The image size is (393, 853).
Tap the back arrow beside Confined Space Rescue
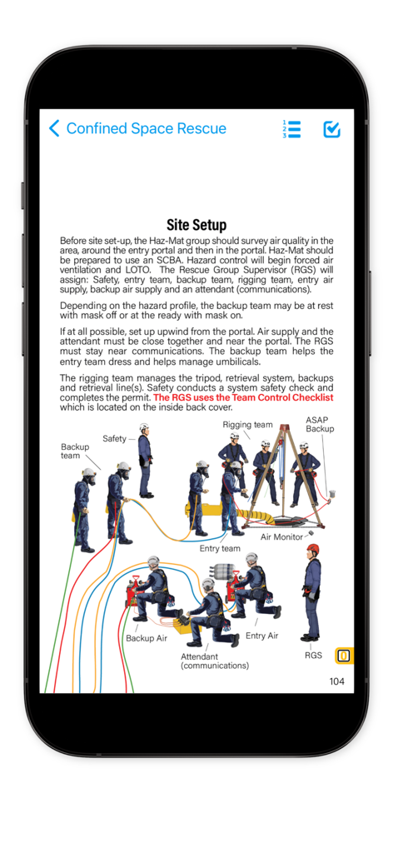click(x=55, y=128)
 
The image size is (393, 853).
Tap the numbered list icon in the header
click(x=291, y=129)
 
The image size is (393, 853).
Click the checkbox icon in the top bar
click(x=331, y=129)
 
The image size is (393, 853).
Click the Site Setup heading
click(x=196, y=225)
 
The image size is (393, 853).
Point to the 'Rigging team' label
click(x=247, y=425)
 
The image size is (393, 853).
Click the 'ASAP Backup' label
click(x=319, y=424)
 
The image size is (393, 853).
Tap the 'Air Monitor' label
click(x=281, y=537)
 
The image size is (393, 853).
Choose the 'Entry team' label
click(x=220, y=548)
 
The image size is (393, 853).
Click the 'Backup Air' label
click(x=146, y=638)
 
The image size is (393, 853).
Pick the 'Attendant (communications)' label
click(x=215, y=661)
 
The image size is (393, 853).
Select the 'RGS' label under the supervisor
click(x=313, y=655)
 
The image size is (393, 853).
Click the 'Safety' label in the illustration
click(x=115, y=438)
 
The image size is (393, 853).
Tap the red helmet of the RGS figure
click(x=312, y=549)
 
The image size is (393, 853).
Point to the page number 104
click(x=336, y=681)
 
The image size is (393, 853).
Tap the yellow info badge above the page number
click(x=343, y=656)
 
